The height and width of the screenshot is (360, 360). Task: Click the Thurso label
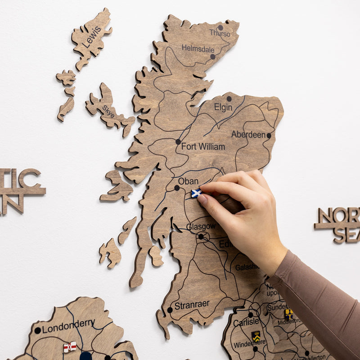click(x=220, y=34)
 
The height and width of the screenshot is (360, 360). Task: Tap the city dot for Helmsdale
click(x=213, y=57)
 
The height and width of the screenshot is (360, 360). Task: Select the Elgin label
click(x=223, y=107)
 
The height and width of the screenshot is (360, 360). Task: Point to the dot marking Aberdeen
click(x=269, y=135)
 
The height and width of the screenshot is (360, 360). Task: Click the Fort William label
click(x=203, y=146)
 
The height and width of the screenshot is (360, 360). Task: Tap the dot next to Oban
click(x=177, y=188)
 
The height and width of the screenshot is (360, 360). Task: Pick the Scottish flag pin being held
click(x=196, y=193)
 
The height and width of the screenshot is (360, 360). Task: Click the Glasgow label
click(x=201, y=226)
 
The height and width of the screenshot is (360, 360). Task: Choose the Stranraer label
click(x=192, y=305)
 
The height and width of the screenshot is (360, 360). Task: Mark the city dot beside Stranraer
click(x=170, y=310)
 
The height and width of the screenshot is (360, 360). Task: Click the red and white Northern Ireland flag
click(x=70, y=346)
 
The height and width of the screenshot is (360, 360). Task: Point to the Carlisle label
click(x=246, y=322)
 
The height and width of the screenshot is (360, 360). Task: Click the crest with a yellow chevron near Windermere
click(x=256, y=336)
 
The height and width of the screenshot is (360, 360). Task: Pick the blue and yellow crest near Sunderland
click(x=288, y=314)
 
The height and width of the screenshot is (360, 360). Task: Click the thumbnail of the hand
click(x=203, y=200)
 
